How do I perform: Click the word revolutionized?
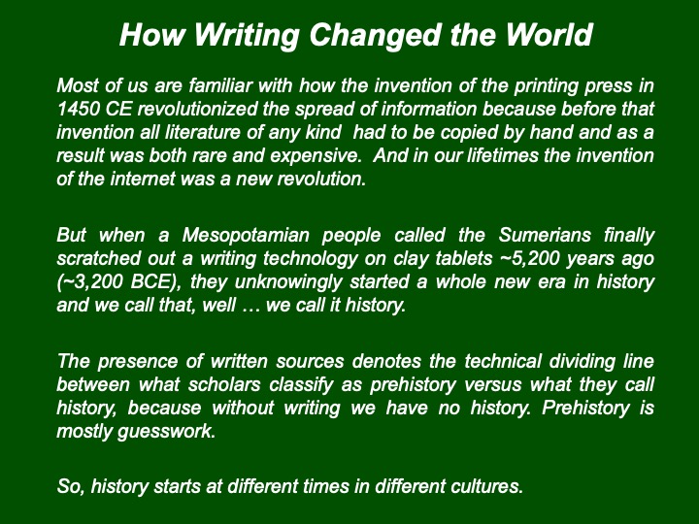pyautogui.click(x=197, y=109)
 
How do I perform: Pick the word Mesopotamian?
pyautogui.click(x=246, y=235)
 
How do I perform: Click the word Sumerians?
pyautogui.click(x=545, y=235)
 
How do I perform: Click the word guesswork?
pyautogui.click(x=166, y=432)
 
